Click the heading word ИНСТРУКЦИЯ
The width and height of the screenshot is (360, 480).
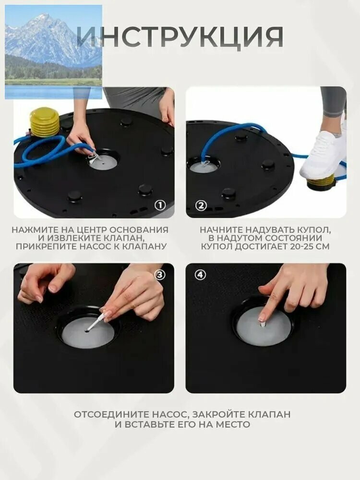[180, 36]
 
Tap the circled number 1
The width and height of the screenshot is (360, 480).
[160, 205]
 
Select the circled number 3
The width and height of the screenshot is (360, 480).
[160, 275]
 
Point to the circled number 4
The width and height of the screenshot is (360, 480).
[200, 275]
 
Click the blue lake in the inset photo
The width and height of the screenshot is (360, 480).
[53, 92]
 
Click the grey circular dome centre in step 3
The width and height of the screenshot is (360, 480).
[88, 333]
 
